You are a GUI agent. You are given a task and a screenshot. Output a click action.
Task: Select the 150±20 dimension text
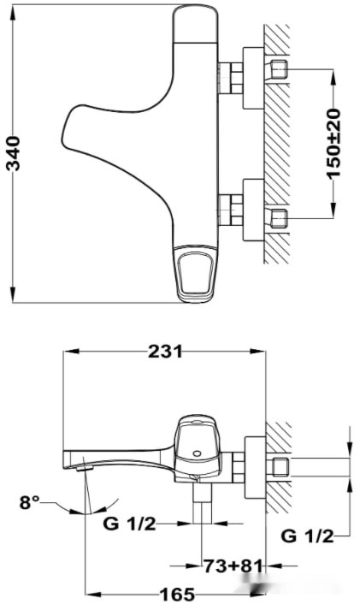tap(334, 141)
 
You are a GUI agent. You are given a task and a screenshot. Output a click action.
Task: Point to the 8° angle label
tap(30, 502)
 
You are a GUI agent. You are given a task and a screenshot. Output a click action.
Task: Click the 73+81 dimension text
tap(233, 566)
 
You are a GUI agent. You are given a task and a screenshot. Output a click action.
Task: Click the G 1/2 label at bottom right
tap(305, 536)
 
